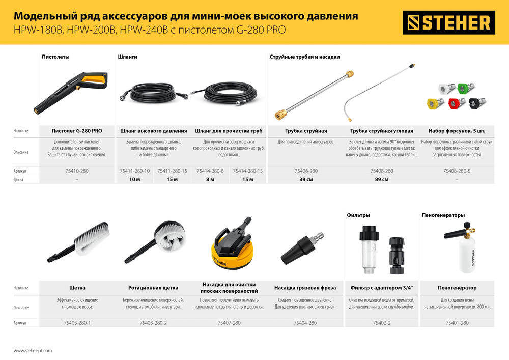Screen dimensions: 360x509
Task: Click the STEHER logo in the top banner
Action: coord(448,23)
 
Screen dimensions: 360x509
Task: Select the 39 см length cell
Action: coord(305,180)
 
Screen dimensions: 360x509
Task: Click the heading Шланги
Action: coord(127,57)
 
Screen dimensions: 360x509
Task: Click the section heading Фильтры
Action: coord(358,215)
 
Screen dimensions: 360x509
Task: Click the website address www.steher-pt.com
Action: coord(33,351)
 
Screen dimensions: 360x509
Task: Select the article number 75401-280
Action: coord(457,323)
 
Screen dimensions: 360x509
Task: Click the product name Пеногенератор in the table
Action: coord(457,288)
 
